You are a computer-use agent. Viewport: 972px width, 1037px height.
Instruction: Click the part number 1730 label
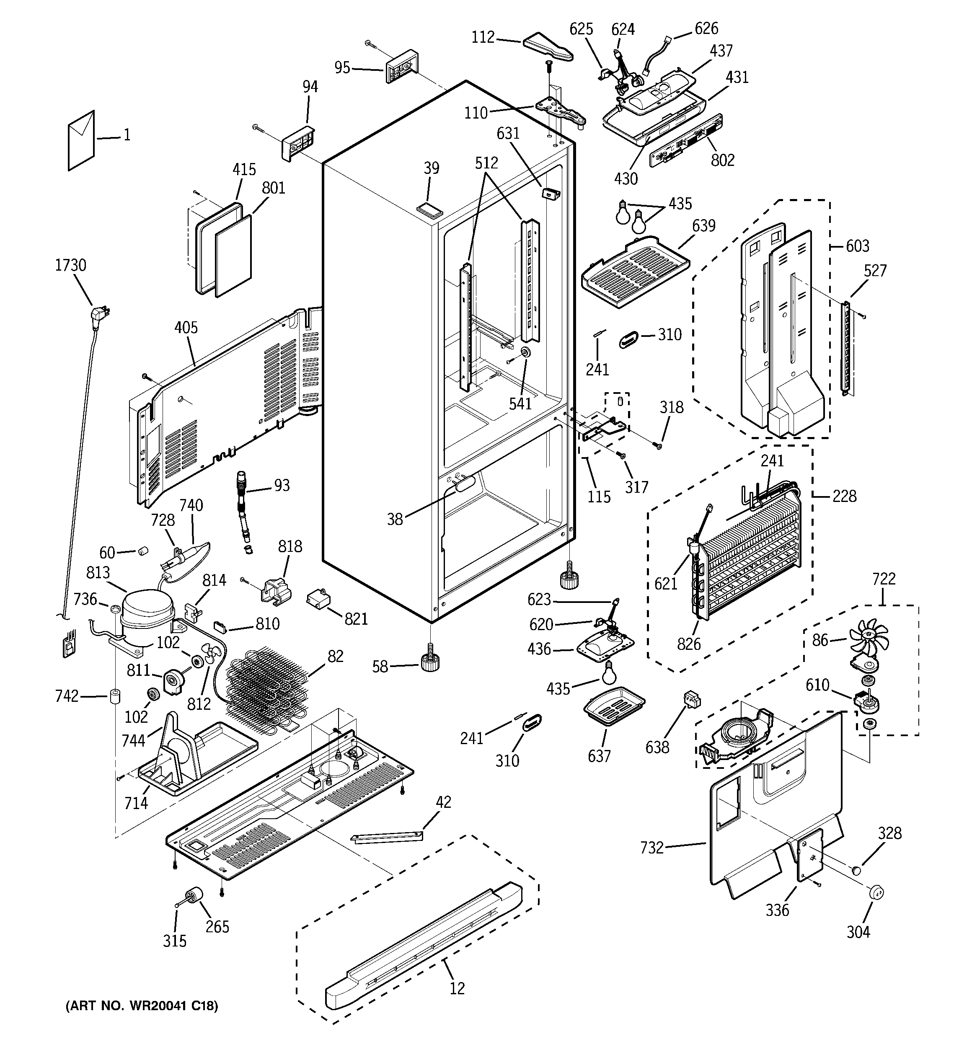[70, 266]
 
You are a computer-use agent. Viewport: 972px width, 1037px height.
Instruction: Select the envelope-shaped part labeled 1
[81, 140]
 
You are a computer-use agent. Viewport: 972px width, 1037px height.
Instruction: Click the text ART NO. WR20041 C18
[142, 1006]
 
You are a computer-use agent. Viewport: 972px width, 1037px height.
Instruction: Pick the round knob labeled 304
[876, 892]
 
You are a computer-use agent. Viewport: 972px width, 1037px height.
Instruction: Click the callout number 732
[651, 848]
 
